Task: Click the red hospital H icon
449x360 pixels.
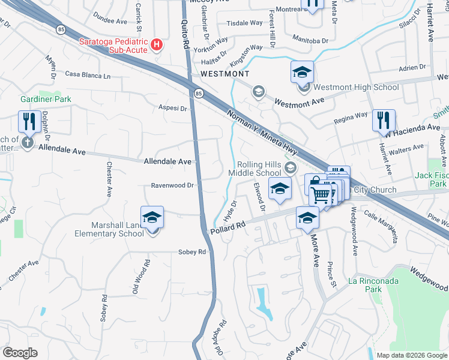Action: pyautogui.click(x=157, y=45)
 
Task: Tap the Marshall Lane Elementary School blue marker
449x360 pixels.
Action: pyautogui.click(x=152, y=218)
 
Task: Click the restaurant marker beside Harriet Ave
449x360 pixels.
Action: pyautogui.click(x=384, y=121)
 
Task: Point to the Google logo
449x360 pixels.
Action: pyautogui.click(x=20, y=353)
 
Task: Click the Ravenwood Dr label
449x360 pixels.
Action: pyautogui.click(x=172, y=185)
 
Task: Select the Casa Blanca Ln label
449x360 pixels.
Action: pyautogui.click(x=88, y=76)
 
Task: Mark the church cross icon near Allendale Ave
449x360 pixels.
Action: pyautogui.click(x=27, y=143)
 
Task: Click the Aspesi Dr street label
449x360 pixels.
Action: pyautogui.click(x=173, y=109)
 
